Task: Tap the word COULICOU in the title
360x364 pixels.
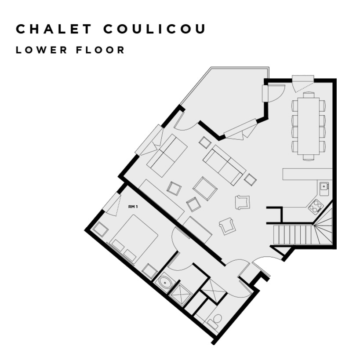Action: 155,29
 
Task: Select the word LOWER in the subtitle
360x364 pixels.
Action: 42,50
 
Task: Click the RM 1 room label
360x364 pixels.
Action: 133,206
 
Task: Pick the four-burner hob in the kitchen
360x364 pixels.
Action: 316,205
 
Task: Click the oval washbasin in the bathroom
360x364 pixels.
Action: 165,283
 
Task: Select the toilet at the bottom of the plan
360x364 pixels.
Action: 215,321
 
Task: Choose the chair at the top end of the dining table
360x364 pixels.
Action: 309,94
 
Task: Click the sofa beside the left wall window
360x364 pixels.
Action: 167,156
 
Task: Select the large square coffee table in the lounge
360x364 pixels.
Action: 205,189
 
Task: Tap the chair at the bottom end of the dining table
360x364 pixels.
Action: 309,157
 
